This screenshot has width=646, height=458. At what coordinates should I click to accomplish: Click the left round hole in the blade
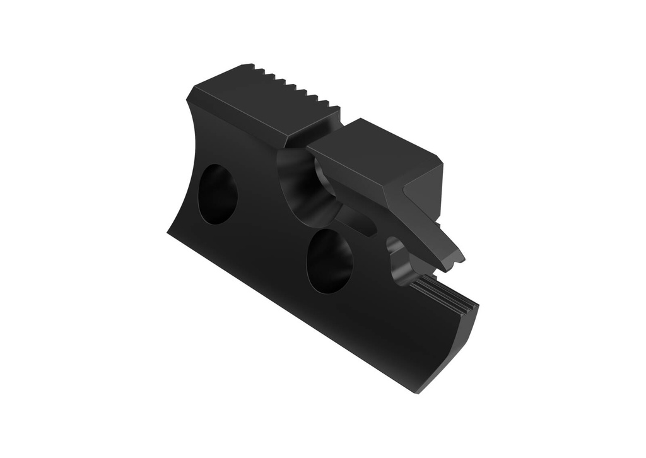(217, 194)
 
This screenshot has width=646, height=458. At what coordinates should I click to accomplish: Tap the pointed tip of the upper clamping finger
(461, 259)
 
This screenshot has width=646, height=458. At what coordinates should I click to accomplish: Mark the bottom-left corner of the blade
(168, 232)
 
